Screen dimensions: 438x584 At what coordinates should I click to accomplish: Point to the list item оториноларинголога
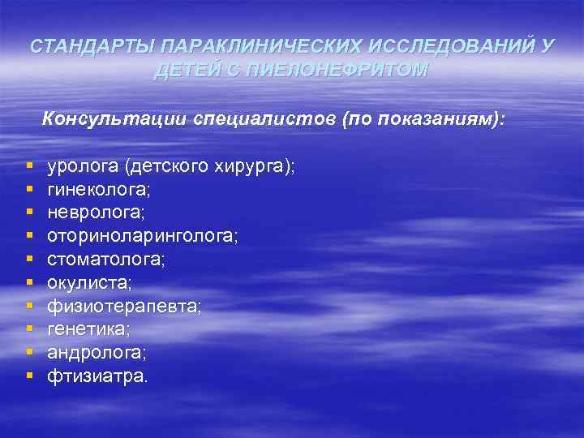pos(142,237)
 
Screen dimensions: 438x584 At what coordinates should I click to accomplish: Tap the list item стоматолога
pos(105,260)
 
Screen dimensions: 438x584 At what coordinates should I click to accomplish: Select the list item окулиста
pos(89,284)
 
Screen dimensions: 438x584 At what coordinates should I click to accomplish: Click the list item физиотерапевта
pos(123,307)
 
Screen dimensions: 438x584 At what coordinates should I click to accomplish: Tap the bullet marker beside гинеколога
pos(29,190)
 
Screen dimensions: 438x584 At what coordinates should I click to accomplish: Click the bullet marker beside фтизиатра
pos(29,376)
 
